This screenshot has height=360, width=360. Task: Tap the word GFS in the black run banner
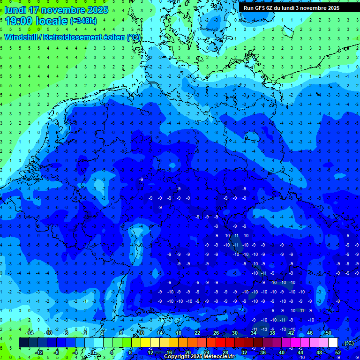[261, 8]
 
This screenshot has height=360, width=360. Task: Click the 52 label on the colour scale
[337, 352]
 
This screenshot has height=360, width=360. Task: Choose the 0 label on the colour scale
[93, 352]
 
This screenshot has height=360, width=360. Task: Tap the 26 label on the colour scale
[216, 332]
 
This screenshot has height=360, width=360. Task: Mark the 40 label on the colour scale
[281, 352]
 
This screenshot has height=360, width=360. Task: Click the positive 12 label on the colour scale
[150, 352]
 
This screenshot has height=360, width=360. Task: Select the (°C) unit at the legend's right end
[349, 343]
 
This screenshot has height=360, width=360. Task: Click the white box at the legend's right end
[333, 343]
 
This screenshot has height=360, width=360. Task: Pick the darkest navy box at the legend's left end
[23, 343]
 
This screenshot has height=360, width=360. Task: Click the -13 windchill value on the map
[264, 329]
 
